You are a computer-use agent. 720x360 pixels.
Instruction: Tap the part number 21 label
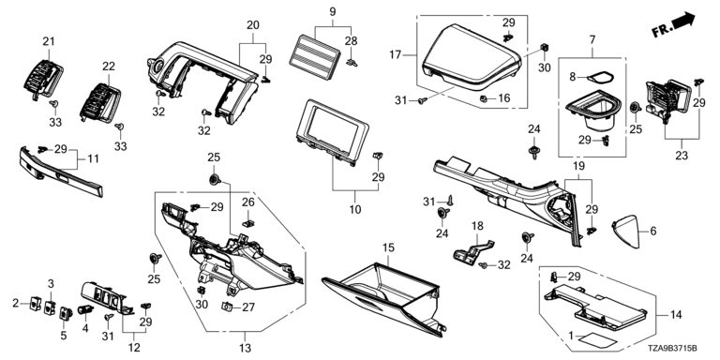pos(49,41)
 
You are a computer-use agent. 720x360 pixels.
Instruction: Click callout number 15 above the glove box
pos(388,247)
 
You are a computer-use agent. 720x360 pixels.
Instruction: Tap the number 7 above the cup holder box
pos(592,40)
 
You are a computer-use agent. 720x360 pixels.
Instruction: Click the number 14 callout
pos(676,315)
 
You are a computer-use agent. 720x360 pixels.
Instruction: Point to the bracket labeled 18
pos(472,250)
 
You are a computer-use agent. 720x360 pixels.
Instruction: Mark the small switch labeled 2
pos(35,302)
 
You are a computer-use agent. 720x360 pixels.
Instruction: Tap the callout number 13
pos(246,348)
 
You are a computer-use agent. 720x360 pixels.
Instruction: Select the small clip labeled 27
pos(228,306)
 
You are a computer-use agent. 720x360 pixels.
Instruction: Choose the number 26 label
pos(247,202)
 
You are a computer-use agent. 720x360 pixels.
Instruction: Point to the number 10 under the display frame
pos(355,210)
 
